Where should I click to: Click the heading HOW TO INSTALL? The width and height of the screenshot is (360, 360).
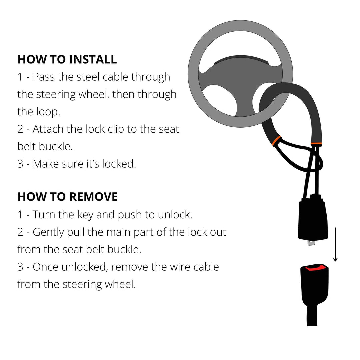[67, 59]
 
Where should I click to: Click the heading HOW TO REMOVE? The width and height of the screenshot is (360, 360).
[68, 197]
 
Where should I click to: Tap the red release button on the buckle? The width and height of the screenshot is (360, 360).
[314, 267]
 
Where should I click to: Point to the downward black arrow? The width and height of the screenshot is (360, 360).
[335, 244]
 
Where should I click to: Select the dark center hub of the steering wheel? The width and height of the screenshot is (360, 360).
[240, 87]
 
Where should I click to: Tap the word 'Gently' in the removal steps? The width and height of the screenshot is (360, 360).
[48, 232]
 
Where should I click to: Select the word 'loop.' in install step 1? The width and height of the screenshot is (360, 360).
[48, 112]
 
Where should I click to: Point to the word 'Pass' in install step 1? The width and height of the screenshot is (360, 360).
[44, 77]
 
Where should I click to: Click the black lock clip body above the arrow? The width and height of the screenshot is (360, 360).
[313, 220]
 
